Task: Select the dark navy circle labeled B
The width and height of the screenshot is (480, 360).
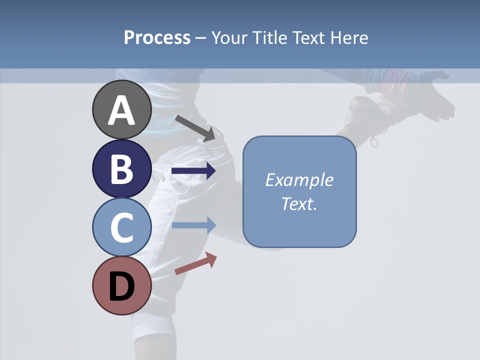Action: point(122,168)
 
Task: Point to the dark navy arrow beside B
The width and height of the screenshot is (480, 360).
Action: point(193,171)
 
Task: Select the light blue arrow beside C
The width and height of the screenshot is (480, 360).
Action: point(193,225)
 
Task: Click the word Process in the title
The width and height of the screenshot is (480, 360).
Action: point(157,37)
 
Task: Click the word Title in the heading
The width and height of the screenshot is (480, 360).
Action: point(270,38)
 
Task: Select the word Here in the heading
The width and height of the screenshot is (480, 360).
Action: point(348,38)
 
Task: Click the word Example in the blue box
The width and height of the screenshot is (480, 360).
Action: point(299,180)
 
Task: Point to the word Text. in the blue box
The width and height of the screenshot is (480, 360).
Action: point(299,204)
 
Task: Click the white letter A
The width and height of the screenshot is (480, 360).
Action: point(122,111)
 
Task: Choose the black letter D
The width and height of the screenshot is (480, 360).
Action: point(122,287)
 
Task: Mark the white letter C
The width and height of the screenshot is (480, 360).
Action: point(122,227)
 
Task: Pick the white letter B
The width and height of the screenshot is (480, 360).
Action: point(122,169)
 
